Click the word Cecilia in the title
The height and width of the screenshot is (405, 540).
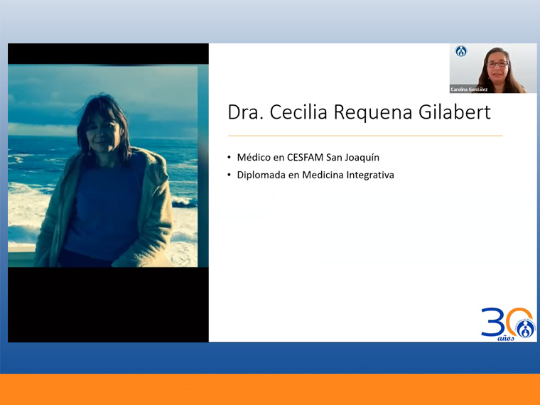pyautogui.click(x=298, y=112)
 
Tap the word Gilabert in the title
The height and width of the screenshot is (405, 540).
pyautogui.click(x=455, y=112)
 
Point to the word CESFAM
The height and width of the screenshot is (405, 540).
pyautogui.click(x=305, y=158)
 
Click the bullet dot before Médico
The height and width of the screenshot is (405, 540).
pyautogui.click(x=229, y=158)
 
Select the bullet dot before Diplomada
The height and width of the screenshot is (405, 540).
pyautogui.click(x=229, y=175)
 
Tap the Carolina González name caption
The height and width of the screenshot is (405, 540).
pyautogui.click(x=469, y=90)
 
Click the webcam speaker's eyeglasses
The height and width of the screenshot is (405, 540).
pyautogui.click(x=497, y=64)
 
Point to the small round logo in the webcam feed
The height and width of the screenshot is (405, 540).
pyautogui.click(x=461, y=51)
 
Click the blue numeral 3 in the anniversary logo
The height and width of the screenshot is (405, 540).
pyautogui.click(x=493, y=322)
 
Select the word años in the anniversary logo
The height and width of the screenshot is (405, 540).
pyautogui.click(x=506, y=338)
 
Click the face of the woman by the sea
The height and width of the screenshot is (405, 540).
pyautogui.click(x=103, y=133)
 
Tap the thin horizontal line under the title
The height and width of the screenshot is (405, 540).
pyautogui.click(x=365, y=136)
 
